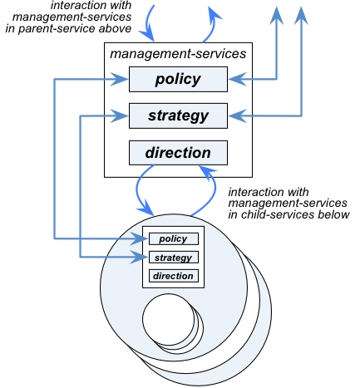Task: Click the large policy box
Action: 178,79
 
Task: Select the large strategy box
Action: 178,115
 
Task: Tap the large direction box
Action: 178,153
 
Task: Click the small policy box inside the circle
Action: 174,238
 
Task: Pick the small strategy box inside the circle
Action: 174,258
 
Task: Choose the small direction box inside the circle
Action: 174,276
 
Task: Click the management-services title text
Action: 178,54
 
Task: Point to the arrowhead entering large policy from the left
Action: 119,80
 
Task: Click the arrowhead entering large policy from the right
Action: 238,80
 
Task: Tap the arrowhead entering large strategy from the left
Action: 119,115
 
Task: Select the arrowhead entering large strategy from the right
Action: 238,115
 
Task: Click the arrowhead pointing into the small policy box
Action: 140,238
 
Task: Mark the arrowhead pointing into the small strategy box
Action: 140,258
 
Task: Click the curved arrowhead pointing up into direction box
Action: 207,171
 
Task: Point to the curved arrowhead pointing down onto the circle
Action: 146,208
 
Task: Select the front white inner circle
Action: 168,319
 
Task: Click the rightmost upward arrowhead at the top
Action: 301,16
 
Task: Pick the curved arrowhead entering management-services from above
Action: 147,32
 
